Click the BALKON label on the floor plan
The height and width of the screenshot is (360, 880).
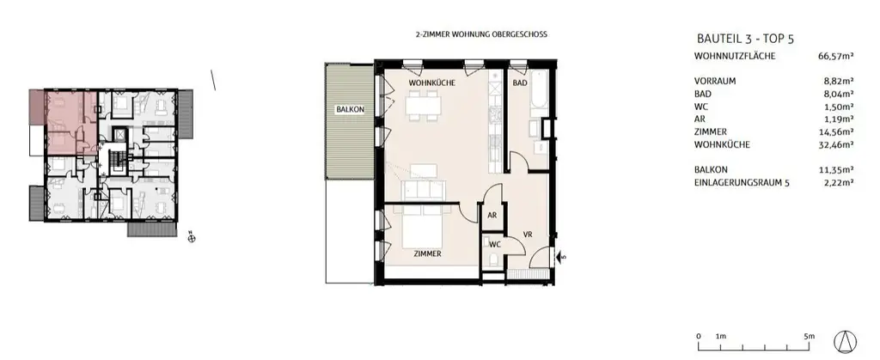pyautogui.click(x=349, y=110)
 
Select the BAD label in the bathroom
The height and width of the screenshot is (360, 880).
pyautogui.click(x=520, y=83)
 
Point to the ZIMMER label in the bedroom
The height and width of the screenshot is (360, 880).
pyautogui.click(x=427, y=254)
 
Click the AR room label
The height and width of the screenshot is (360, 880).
pyautogui.click(x=493, y=216)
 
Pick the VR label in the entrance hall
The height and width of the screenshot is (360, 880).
pyautogui.click(x=529, y=235)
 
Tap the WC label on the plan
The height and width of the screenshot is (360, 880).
pyautogui.click(x=494, y=244)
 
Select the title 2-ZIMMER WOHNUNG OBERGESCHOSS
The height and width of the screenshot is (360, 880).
pyautogui.click(x=481, y=34)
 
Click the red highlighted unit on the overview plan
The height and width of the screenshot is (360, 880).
pyautogui.click(x=60, y=120)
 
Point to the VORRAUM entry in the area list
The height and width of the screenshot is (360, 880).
pyautogui.click(x=715, y=81)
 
